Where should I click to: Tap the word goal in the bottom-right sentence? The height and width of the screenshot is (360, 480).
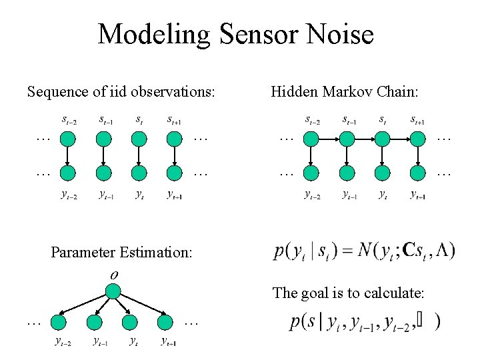pos(314,292)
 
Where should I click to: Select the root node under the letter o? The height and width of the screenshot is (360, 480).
pos(113,291)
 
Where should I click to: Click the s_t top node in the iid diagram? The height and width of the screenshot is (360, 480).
pos(139,139)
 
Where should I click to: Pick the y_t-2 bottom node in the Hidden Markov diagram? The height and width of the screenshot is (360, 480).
pos(311,173)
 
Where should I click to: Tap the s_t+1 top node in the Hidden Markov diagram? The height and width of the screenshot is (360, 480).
pos(418,139)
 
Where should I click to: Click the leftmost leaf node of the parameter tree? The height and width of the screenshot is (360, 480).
pos(59,323)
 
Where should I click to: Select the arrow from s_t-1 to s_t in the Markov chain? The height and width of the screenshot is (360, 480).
pos(364,139)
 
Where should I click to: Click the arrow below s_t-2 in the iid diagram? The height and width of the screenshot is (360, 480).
pos(68,156)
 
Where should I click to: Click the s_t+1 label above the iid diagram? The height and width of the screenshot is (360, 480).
pos(175,121)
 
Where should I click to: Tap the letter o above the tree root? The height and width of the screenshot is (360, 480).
pos(113,275)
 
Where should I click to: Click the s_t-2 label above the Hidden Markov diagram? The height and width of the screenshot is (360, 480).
pos(311,121)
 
